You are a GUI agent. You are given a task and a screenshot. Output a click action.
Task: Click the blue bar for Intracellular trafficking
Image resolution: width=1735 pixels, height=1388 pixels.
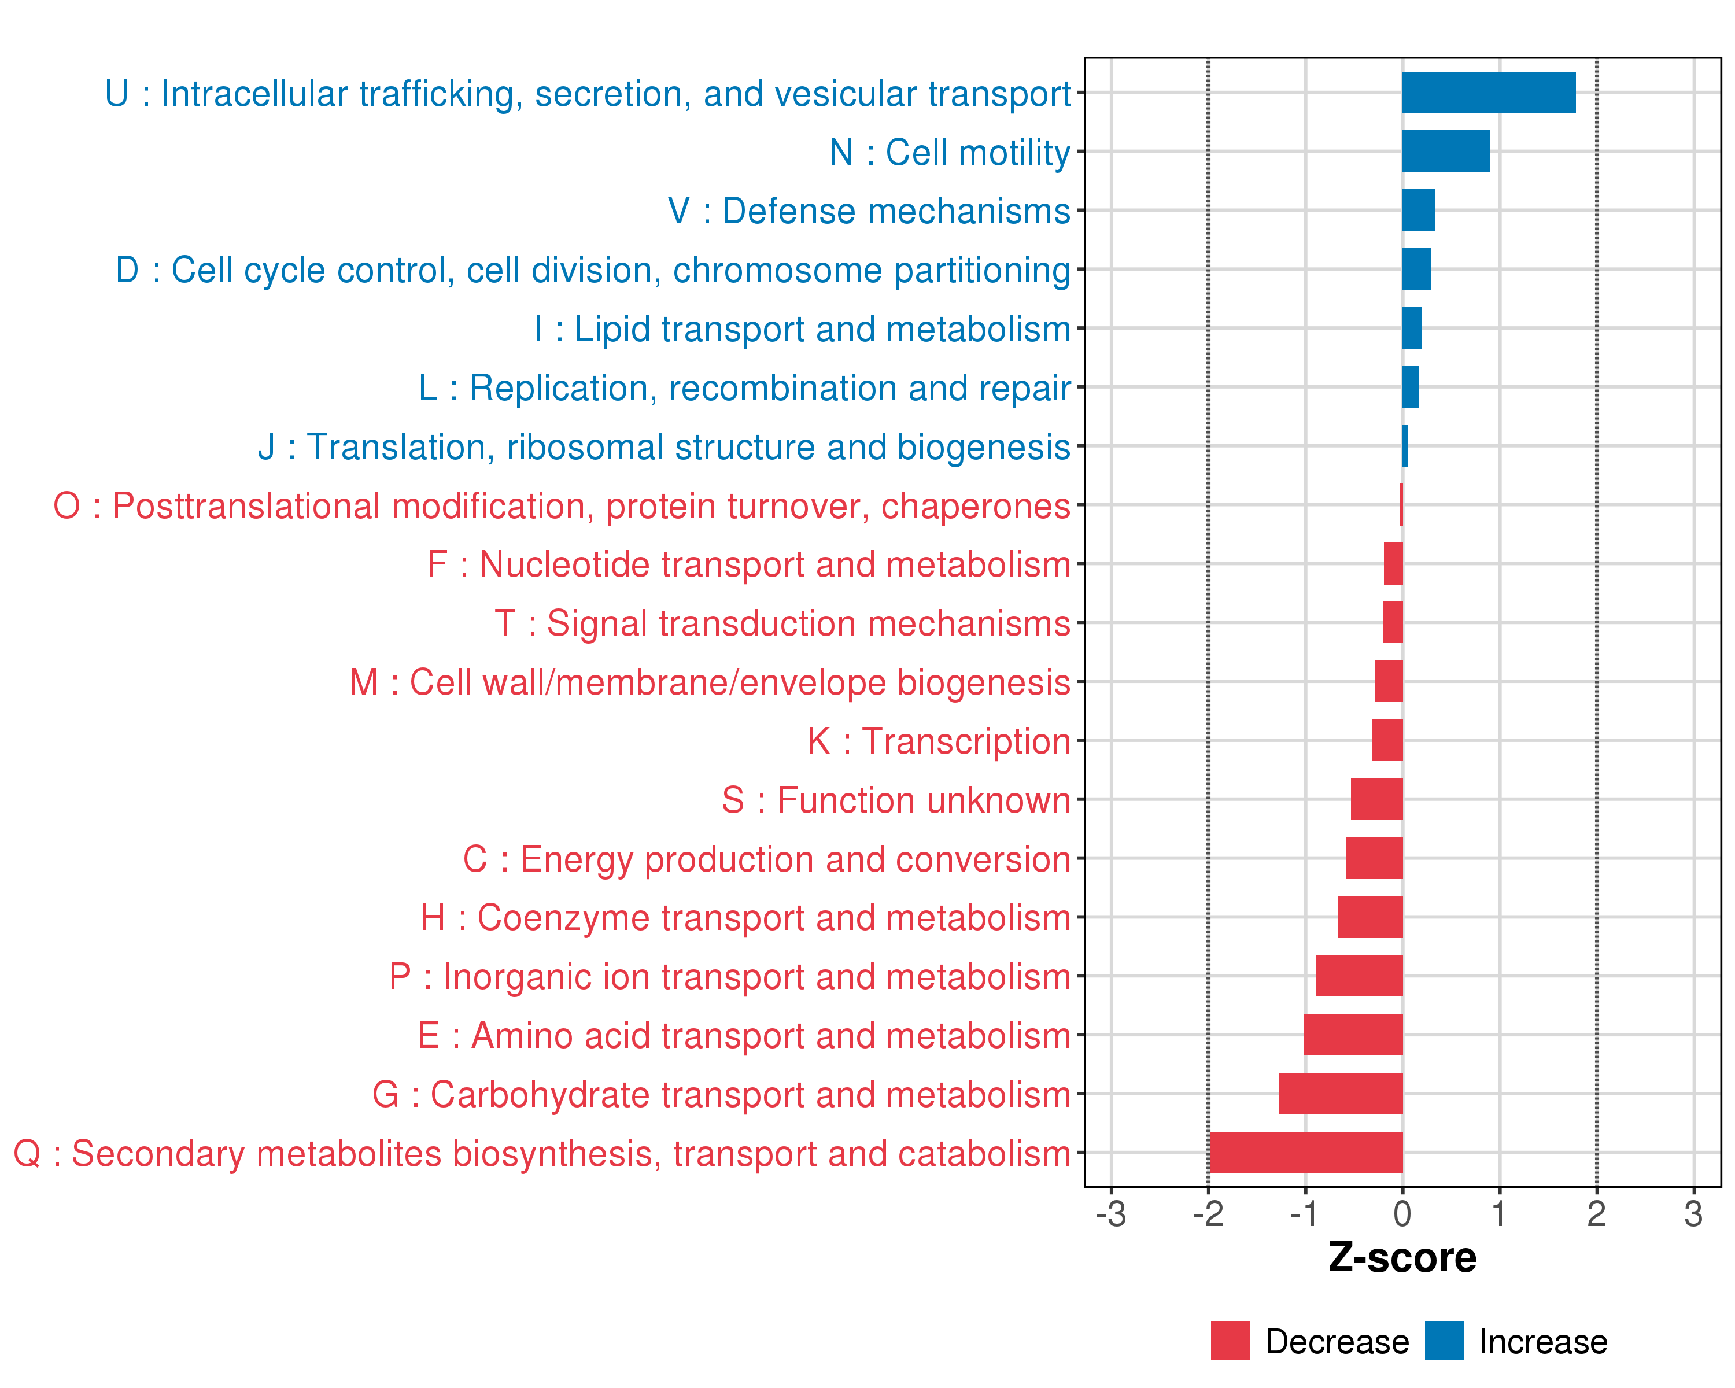coord(1488,93)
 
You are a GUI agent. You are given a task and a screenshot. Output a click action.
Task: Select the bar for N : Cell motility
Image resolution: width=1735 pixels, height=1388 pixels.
coord(1445,152)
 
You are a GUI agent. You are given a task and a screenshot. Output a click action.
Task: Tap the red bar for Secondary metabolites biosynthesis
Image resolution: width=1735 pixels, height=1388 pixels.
coord(1305,1152)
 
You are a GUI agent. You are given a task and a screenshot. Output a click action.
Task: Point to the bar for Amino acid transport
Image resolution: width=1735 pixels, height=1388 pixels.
coord(1353,1035)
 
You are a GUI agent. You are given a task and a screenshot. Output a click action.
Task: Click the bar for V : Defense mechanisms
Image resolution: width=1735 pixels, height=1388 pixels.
coord(1418,210)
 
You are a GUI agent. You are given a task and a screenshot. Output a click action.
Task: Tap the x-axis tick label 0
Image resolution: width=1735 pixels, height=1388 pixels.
coord(1402,1214)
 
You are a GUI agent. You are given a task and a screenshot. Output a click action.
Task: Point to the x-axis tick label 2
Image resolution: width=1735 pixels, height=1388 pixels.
coord(1597,1214)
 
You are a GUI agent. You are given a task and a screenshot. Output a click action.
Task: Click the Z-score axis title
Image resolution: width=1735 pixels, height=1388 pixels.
coord(1402,1258)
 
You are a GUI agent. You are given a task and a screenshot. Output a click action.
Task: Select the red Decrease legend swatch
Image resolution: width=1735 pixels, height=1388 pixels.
coord(1230,1341)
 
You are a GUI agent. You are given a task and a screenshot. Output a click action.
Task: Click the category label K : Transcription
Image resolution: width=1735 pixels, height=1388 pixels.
coord(938,741)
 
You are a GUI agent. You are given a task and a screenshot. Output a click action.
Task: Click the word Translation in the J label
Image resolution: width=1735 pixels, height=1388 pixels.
coord(396,448)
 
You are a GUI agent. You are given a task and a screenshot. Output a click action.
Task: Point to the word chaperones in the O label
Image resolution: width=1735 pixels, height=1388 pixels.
coord(975,506)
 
